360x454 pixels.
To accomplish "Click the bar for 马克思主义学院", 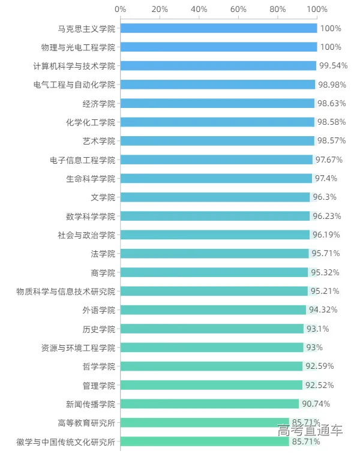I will [x=218, y=28].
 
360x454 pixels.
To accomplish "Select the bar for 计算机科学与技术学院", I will [x=218, y=66].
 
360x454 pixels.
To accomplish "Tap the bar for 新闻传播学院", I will [x=209, y=404].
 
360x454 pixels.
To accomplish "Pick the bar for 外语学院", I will [x=213, y=310].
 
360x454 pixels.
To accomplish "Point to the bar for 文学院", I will [x=215, y=197].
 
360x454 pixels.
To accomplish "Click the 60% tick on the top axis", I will [x=238, y=9].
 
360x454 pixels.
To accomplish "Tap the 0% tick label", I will [x=120, y=9].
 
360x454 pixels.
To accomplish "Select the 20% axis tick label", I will [x=160, y=9].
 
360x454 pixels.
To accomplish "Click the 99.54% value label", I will [x=333, y=66].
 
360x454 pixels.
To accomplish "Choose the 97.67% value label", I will [x=329, y=160].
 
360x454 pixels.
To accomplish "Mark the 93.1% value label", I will [x=318, y=329].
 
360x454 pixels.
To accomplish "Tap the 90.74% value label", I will [x=316, y=404].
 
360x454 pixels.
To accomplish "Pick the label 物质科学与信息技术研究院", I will [x=65, y=291].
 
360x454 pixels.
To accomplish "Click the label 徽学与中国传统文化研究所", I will [x=65, y=442].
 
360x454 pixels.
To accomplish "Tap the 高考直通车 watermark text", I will [x=310, y=430].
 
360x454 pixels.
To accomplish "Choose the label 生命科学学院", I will [x=90, y=179].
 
